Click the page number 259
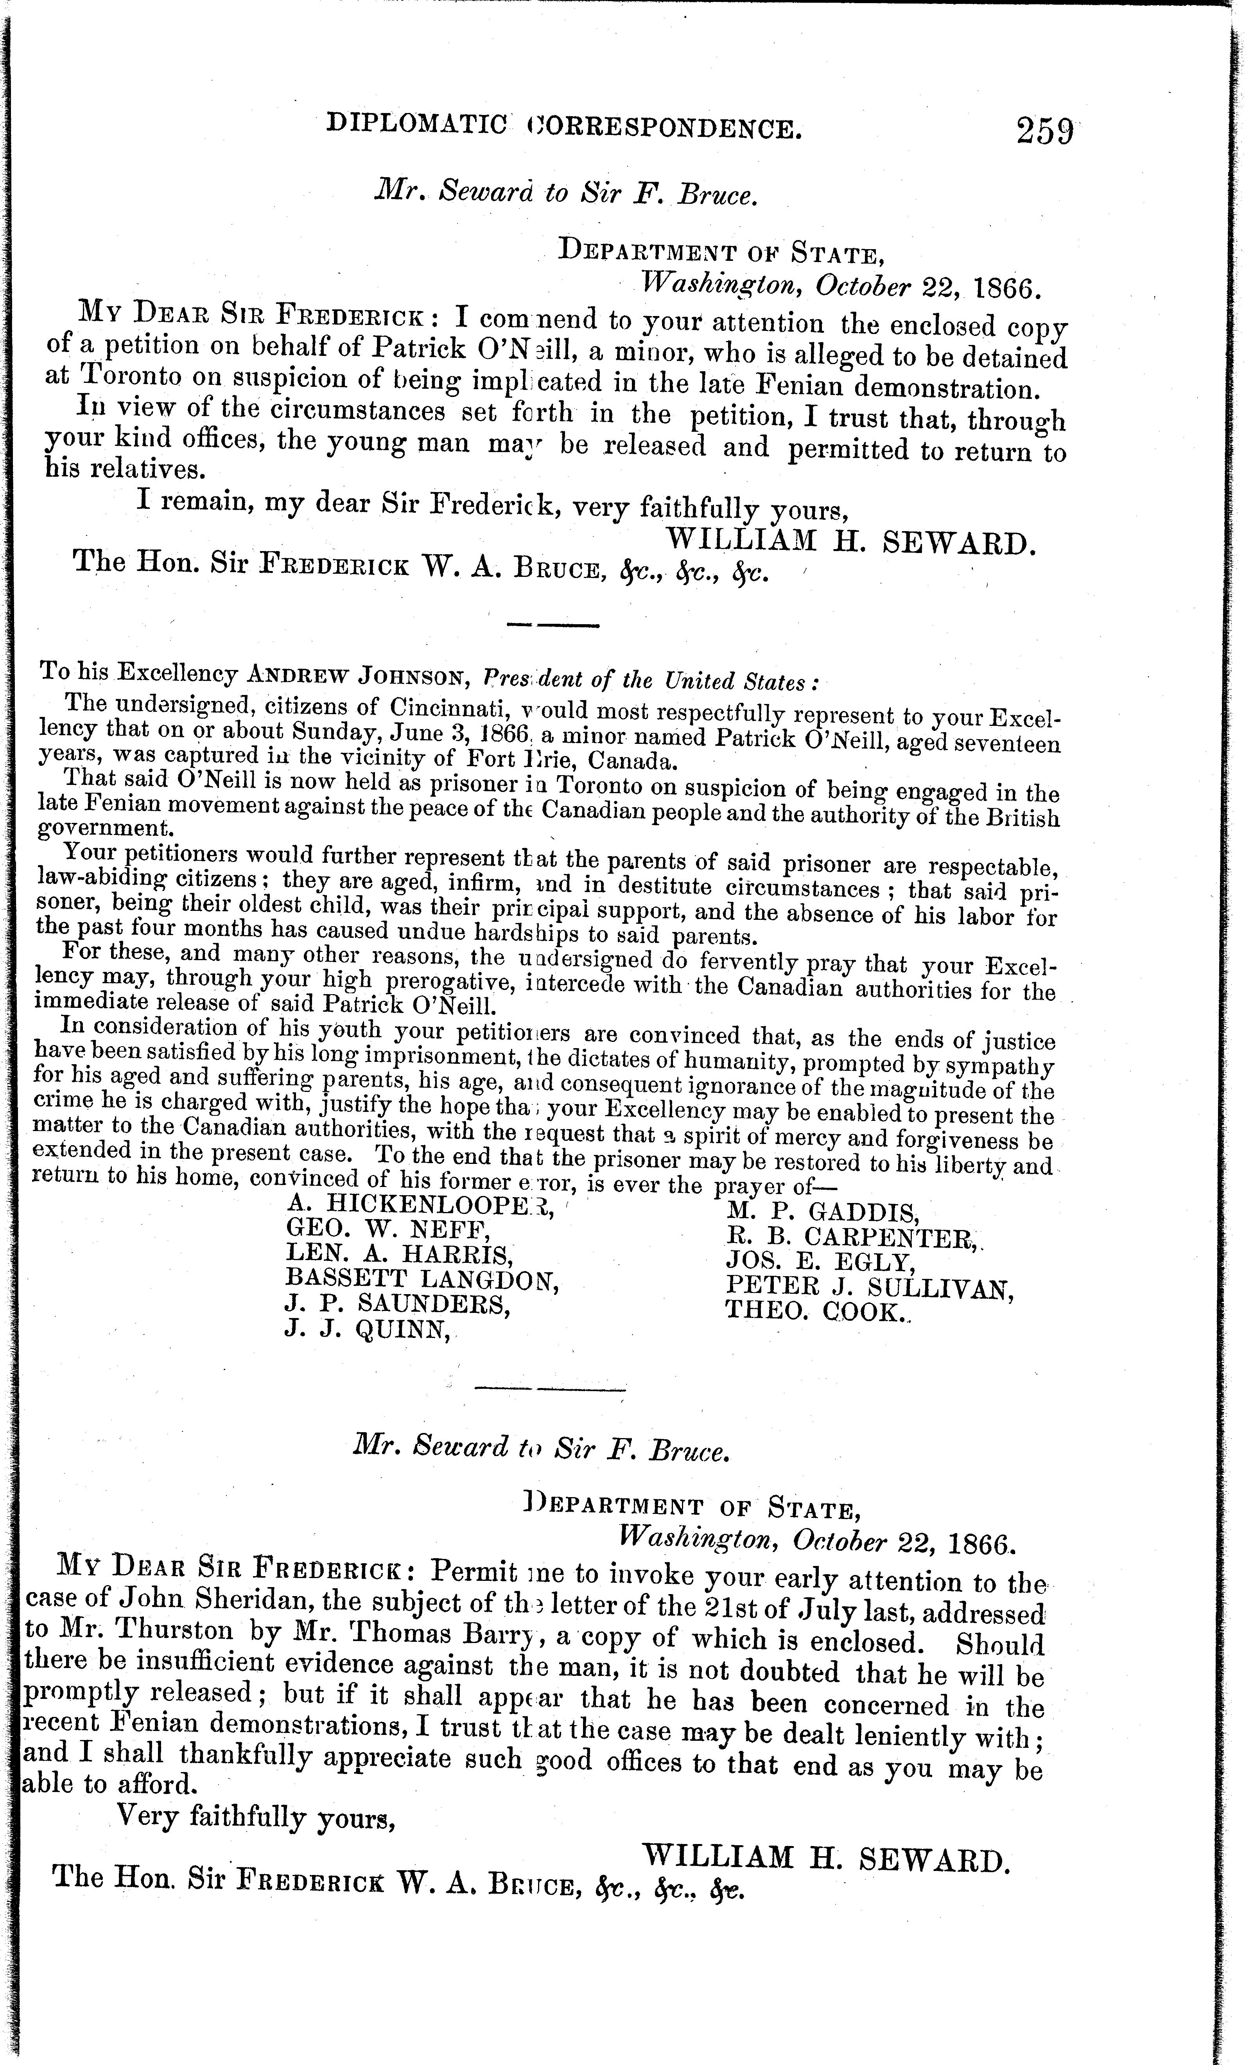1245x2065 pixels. (1044, 131)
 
